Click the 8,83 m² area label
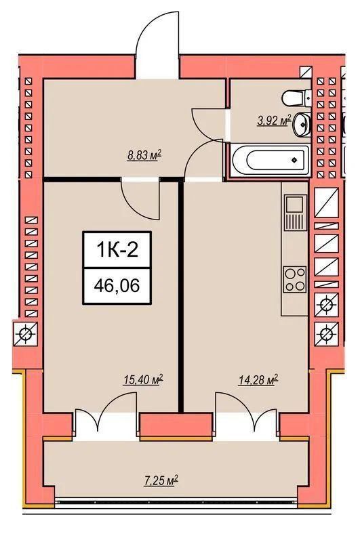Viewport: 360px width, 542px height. coord(144,156)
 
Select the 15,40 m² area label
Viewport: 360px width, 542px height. coord(143,380)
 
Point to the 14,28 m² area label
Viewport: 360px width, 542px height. coord(258,380)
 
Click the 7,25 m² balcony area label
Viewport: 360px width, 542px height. coord(161,480)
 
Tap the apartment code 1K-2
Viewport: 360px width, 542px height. coord(117,249)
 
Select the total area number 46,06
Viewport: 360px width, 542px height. coord(117,285)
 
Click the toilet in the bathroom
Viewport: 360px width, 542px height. coord(296,98)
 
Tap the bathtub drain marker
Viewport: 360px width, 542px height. coord(294,160)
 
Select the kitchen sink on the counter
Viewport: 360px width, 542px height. coord(296,212)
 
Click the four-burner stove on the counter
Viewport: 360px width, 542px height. coord(295,279)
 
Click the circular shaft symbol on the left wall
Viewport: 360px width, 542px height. coord(26,334)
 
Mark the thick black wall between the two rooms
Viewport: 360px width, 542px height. coord(181,295)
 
